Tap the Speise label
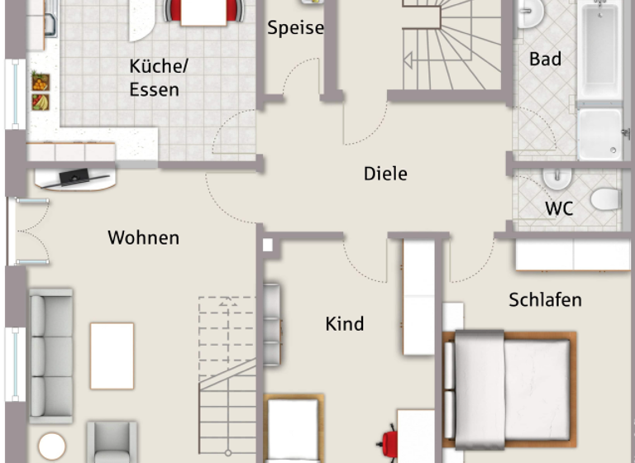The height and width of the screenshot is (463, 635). [295, 28]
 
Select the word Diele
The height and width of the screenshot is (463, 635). [385, 174]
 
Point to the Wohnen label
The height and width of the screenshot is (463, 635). [143, 238]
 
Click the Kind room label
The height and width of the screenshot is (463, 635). [345, 323]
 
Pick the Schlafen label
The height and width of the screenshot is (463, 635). [545, 299]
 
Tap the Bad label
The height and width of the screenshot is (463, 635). [546, 59]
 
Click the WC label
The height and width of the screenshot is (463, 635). [559, 208]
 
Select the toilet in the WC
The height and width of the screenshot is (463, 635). [605, 199]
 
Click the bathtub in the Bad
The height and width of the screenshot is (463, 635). [600, 51]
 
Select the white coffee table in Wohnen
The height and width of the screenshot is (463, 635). [112, 356]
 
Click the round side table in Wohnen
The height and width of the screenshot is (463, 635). [51, 446]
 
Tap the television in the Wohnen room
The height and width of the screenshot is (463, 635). [75, 176]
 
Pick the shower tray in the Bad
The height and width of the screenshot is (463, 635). [599, 133]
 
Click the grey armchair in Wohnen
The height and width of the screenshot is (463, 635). [112, 443]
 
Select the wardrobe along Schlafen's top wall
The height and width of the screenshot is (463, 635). [572, 255]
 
